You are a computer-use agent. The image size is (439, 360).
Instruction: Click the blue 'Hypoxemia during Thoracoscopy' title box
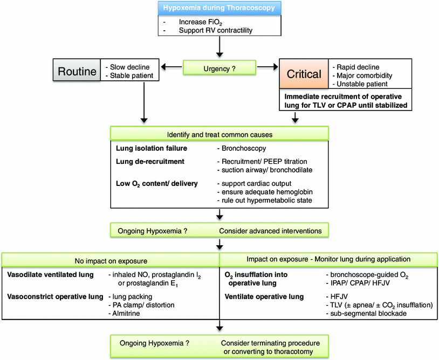click(x=220, y=8)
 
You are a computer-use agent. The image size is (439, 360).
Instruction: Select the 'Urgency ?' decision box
click(x=219, y=68)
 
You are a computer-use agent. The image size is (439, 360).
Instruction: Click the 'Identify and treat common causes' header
click(x=219, y=133)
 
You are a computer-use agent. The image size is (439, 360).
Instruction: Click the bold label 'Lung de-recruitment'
click(x=149, y=161)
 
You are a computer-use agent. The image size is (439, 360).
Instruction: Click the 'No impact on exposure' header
click(x=111, y=260)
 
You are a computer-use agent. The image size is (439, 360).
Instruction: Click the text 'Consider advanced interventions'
click(x=270, y=231)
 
